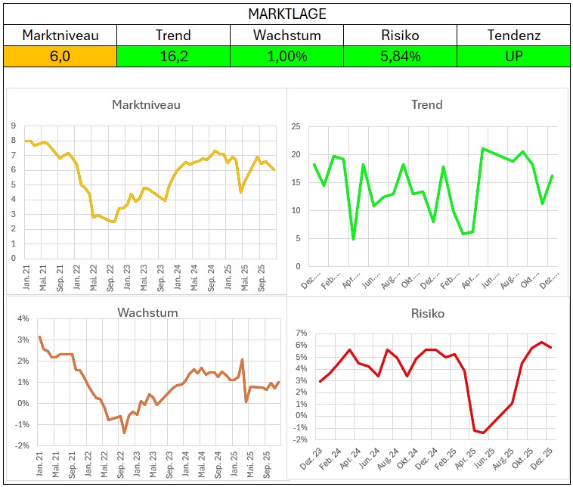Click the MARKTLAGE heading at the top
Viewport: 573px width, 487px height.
coord(286,14)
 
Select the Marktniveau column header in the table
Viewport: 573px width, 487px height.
coord(60,35)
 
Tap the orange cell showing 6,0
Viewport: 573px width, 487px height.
coord(60,56)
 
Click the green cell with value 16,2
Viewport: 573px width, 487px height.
coord(173,56)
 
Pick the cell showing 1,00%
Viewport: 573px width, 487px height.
coord(286,56)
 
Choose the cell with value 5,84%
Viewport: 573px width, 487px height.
coord(400,56)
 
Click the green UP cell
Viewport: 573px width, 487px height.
coord(513,56)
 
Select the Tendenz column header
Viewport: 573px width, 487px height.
coord(513,35)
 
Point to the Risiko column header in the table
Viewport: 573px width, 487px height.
coord(400,35)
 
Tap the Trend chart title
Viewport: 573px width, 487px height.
coord(426,104)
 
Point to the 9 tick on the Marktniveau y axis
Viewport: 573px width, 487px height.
coord(14,126)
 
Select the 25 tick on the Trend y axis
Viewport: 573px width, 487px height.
coord(296,126)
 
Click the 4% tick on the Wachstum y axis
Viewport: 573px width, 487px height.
coord(23,318)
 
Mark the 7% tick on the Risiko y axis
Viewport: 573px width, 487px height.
coord(300,333)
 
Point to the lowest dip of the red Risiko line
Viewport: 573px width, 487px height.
coord(484,433)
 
